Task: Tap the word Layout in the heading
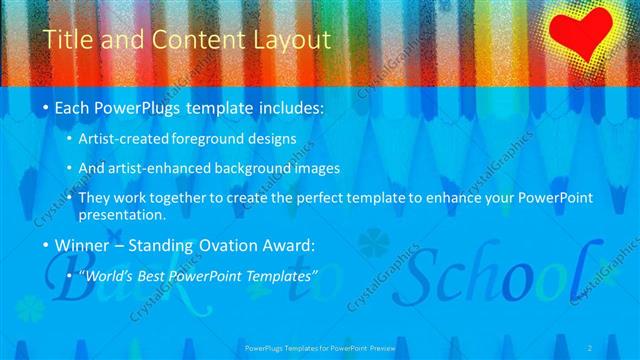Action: click(x=292, y=41)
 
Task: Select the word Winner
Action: click(x=83, y=243)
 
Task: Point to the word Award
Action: click(x=285, y=243)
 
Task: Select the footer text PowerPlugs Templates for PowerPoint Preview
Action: click(x=320, y=347)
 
